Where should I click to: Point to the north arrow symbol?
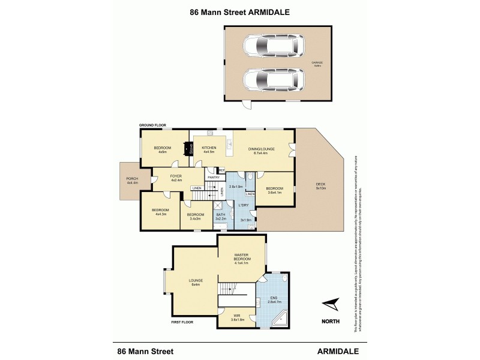click(x=329, y=305)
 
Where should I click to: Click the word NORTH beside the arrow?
click(x=329, y=322)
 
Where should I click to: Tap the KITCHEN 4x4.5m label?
click(x=209, y=149)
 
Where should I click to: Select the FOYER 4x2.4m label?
click(x=176, y=178)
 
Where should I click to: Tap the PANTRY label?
click(x=213, y=178)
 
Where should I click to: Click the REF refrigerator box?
click(x=221, y=170)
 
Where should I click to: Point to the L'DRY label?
click(x=244, y=206)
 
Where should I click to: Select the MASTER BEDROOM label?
click(x=241, y=257)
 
